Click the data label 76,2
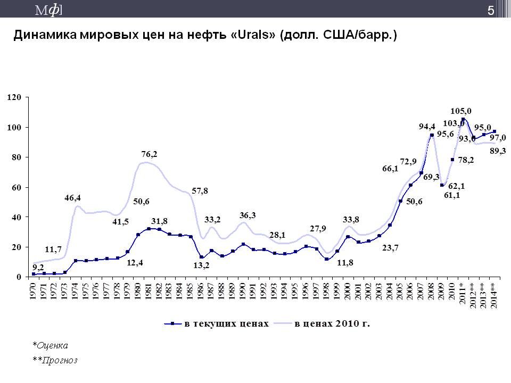click(x=150, y=154)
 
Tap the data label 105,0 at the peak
click(x=461, y=111)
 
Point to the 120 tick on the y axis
click(x=14, y=97)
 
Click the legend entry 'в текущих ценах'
click(x=223, y=323)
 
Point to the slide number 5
click(x=490, y=9)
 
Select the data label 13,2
click(x=201, y=265)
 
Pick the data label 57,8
click(x=200, y=190)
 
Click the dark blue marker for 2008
click(x=432, y=135)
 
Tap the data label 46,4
click(x=73, y=197)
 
